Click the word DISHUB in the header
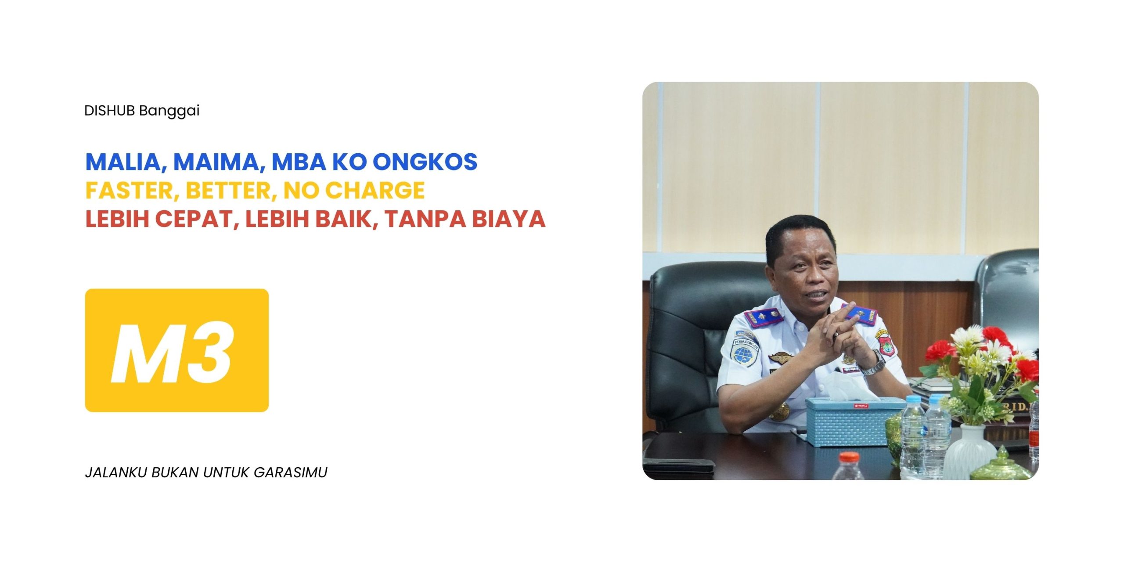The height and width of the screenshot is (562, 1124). (x=109, y=111)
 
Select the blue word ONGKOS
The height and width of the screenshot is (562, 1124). (x=425, y=162)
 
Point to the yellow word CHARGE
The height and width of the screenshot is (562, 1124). (x=375, y=190)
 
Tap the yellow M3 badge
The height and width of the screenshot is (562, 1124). (x=177, y=350)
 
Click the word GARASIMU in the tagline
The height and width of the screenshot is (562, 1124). (x=291, y=472)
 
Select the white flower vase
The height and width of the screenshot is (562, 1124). (x=969, y=452)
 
